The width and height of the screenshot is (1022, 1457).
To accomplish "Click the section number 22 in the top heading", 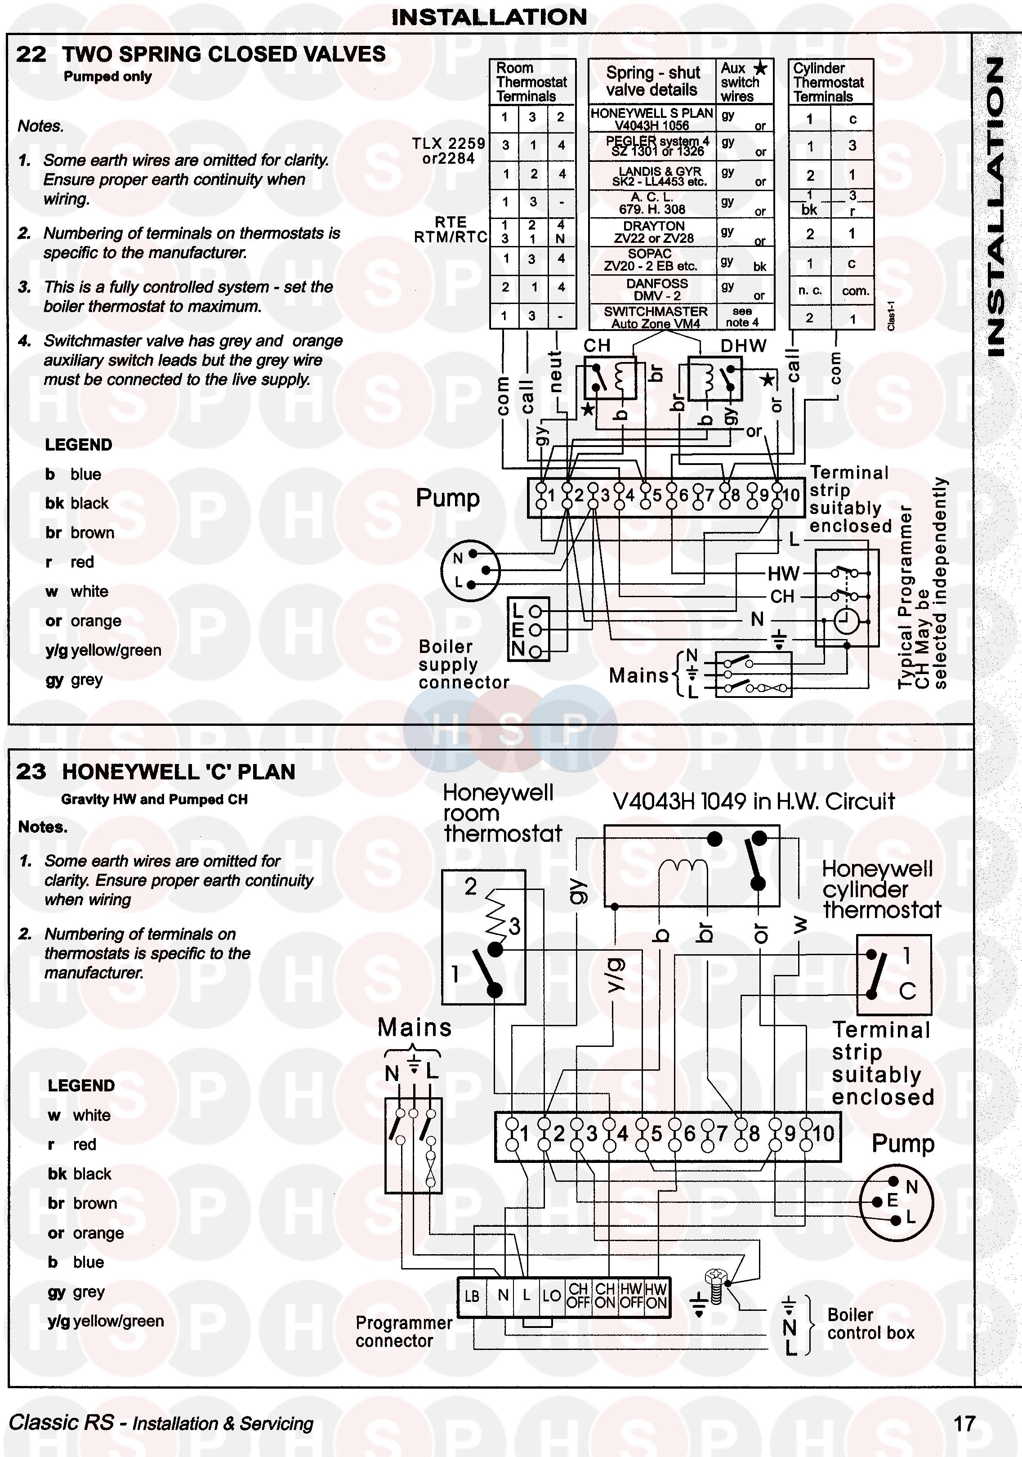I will pos(31,54).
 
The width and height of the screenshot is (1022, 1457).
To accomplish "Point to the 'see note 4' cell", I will pos(741,317).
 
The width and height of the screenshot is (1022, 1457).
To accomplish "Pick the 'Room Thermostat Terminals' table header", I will pos(531,82).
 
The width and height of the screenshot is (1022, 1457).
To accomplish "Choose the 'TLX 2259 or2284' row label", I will pos(449,151).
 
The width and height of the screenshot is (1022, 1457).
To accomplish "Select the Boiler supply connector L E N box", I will pos(528,630).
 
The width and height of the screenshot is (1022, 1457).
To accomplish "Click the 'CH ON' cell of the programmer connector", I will pos(605,1295).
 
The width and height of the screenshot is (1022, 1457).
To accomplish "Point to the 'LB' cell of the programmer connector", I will pos(472,1296).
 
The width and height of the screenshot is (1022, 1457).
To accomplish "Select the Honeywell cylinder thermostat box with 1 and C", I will pos(894,974).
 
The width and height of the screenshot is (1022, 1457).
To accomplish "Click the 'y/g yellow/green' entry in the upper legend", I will pos(103,650).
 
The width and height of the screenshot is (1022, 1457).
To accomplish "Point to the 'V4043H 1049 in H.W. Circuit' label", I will pos(753,801).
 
